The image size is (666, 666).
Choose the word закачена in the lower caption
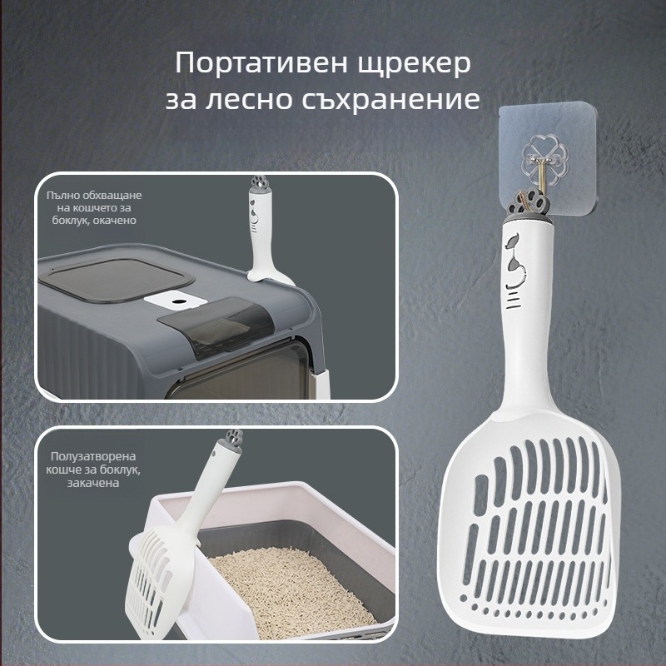(x=93, y=483)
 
